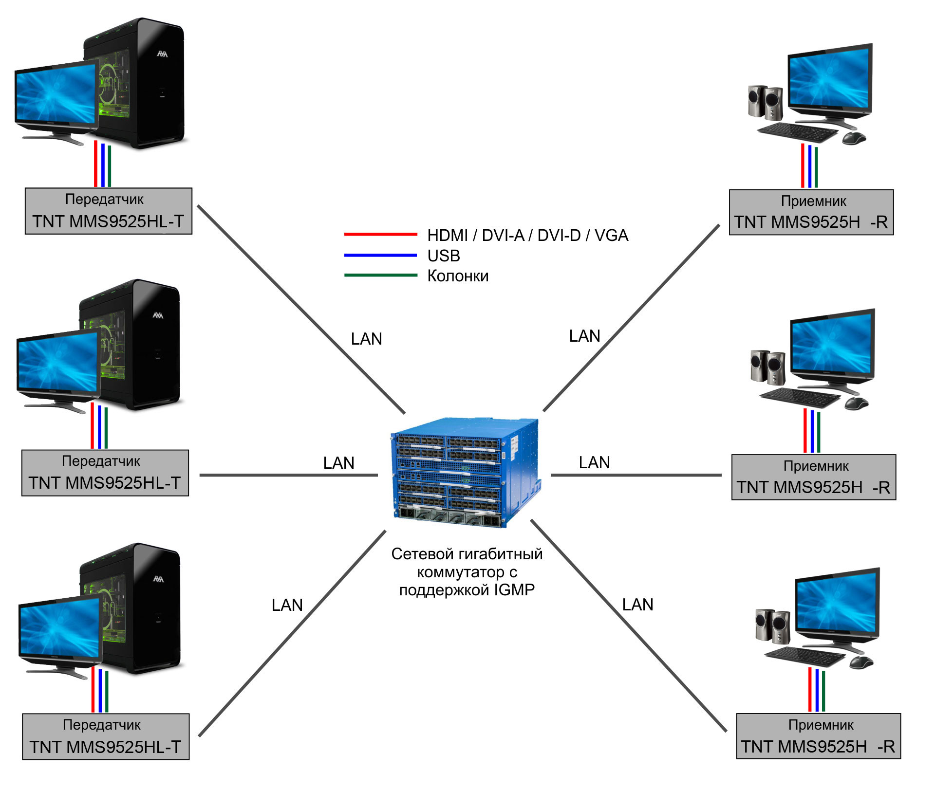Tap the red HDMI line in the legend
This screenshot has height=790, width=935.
(380, 234)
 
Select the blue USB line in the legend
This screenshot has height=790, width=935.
(380, 255)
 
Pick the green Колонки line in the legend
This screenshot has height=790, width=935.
(380, 275)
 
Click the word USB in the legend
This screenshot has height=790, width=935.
(444, 256)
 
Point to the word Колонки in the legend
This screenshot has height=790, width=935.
(458, 276)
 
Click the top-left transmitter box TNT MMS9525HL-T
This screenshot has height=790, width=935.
(109, 211)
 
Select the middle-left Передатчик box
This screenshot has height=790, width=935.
(105, 473)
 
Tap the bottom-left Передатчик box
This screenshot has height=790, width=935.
(106, 737)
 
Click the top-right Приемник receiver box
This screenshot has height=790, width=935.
(811, 212)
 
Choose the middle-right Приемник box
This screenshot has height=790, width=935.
(814, 477)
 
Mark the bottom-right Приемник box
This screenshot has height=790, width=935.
(819, 736)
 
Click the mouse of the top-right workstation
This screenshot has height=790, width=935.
(854, 138)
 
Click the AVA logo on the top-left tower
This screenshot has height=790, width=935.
(162, 54)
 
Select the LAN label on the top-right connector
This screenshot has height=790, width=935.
(584, 336)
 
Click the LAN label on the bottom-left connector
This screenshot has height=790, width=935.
(287, 605)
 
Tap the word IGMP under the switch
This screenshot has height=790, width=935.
(514, 590)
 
